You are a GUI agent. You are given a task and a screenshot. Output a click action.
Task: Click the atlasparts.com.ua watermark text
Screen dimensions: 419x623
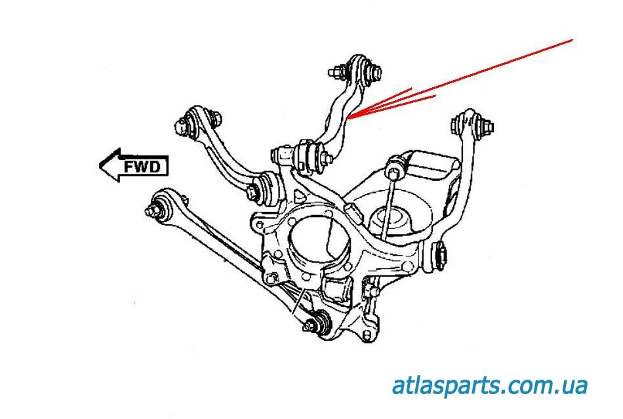[x=489, y=385]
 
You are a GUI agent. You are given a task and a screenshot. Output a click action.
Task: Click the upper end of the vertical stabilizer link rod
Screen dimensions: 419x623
[x=393, y=172]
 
